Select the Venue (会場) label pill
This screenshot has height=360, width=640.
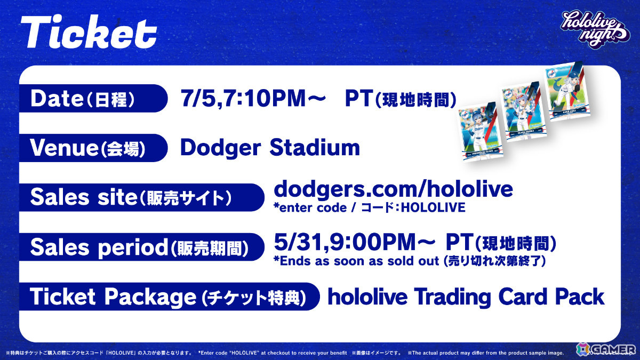[88, 148]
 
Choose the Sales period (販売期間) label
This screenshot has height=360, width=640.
[139, 247]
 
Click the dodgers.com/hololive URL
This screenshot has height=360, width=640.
[393, 189]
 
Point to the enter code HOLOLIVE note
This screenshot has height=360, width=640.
[369, 207]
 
